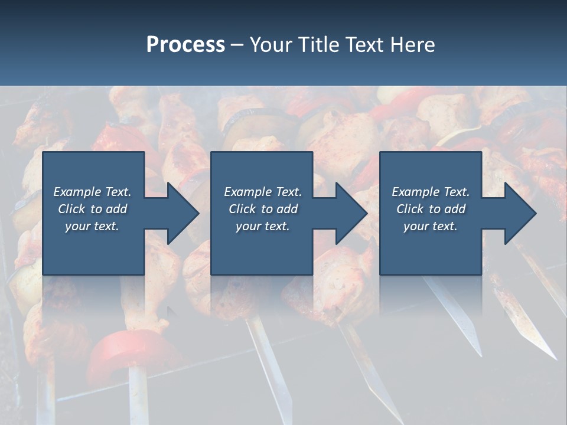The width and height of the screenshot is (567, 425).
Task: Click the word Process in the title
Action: click(185, 45)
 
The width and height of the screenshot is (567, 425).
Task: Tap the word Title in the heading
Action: click(317, 45)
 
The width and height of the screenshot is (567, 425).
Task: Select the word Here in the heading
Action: click(413, 45)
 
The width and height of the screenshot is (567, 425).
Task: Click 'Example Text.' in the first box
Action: click(92, 192)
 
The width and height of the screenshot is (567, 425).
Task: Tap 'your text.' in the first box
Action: click(92, 226)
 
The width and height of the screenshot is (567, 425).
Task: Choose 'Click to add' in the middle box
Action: click(263, 209)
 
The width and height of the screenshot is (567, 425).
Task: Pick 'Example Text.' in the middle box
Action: click(263, 192)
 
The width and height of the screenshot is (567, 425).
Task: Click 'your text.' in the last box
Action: click(431, 226)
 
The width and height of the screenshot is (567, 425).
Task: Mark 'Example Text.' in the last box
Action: click(431, 192)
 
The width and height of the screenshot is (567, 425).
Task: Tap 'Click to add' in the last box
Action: click(431, 209)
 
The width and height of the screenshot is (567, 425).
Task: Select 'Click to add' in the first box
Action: click(92, 209)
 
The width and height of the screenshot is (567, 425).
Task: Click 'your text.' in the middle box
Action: click(263, 226)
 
